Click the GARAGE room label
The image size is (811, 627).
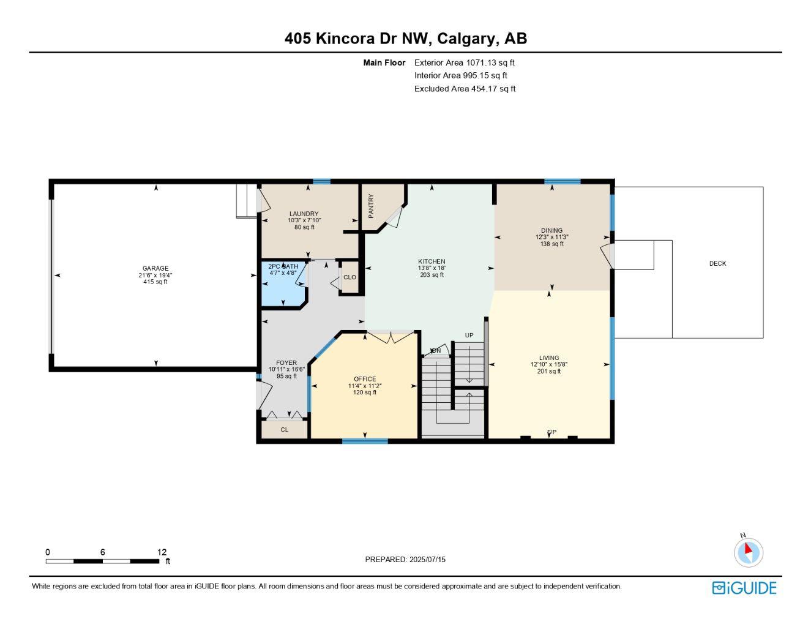[155, 268]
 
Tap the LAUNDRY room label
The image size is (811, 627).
[304, 214]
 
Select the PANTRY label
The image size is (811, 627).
[371, 206]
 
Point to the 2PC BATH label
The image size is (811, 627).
[283, 266]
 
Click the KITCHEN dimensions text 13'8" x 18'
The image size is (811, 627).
[432, 268]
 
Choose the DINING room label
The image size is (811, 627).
[551, 231]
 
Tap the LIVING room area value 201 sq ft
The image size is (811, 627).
[549, 371]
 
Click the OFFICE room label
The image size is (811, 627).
[365, 379]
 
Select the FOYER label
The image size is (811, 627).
[286, 363]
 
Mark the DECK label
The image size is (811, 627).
[717, 264]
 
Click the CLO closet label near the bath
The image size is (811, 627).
[349, 277]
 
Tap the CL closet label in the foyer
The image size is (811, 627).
[284, 430]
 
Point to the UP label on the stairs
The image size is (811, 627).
[469, 336]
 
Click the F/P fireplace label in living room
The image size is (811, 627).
[551, 432]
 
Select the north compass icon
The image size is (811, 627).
[748, 552]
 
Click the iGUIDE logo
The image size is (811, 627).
[744, 588]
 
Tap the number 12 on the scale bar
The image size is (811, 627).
[162, 552]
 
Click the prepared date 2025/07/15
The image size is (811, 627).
[427, 560]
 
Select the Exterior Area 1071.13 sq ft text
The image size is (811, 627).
[464, 62]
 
